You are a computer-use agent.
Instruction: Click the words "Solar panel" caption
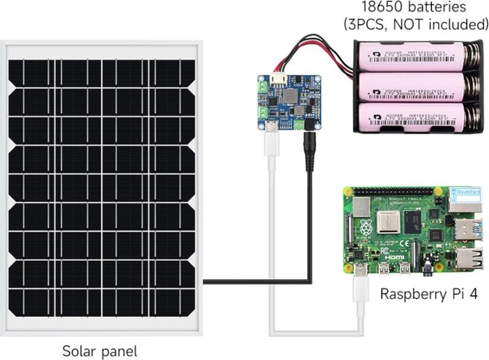99,350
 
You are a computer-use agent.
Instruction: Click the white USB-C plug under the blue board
273,143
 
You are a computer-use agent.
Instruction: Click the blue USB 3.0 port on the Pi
468,228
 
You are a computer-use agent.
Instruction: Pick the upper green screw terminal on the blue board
261,86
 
